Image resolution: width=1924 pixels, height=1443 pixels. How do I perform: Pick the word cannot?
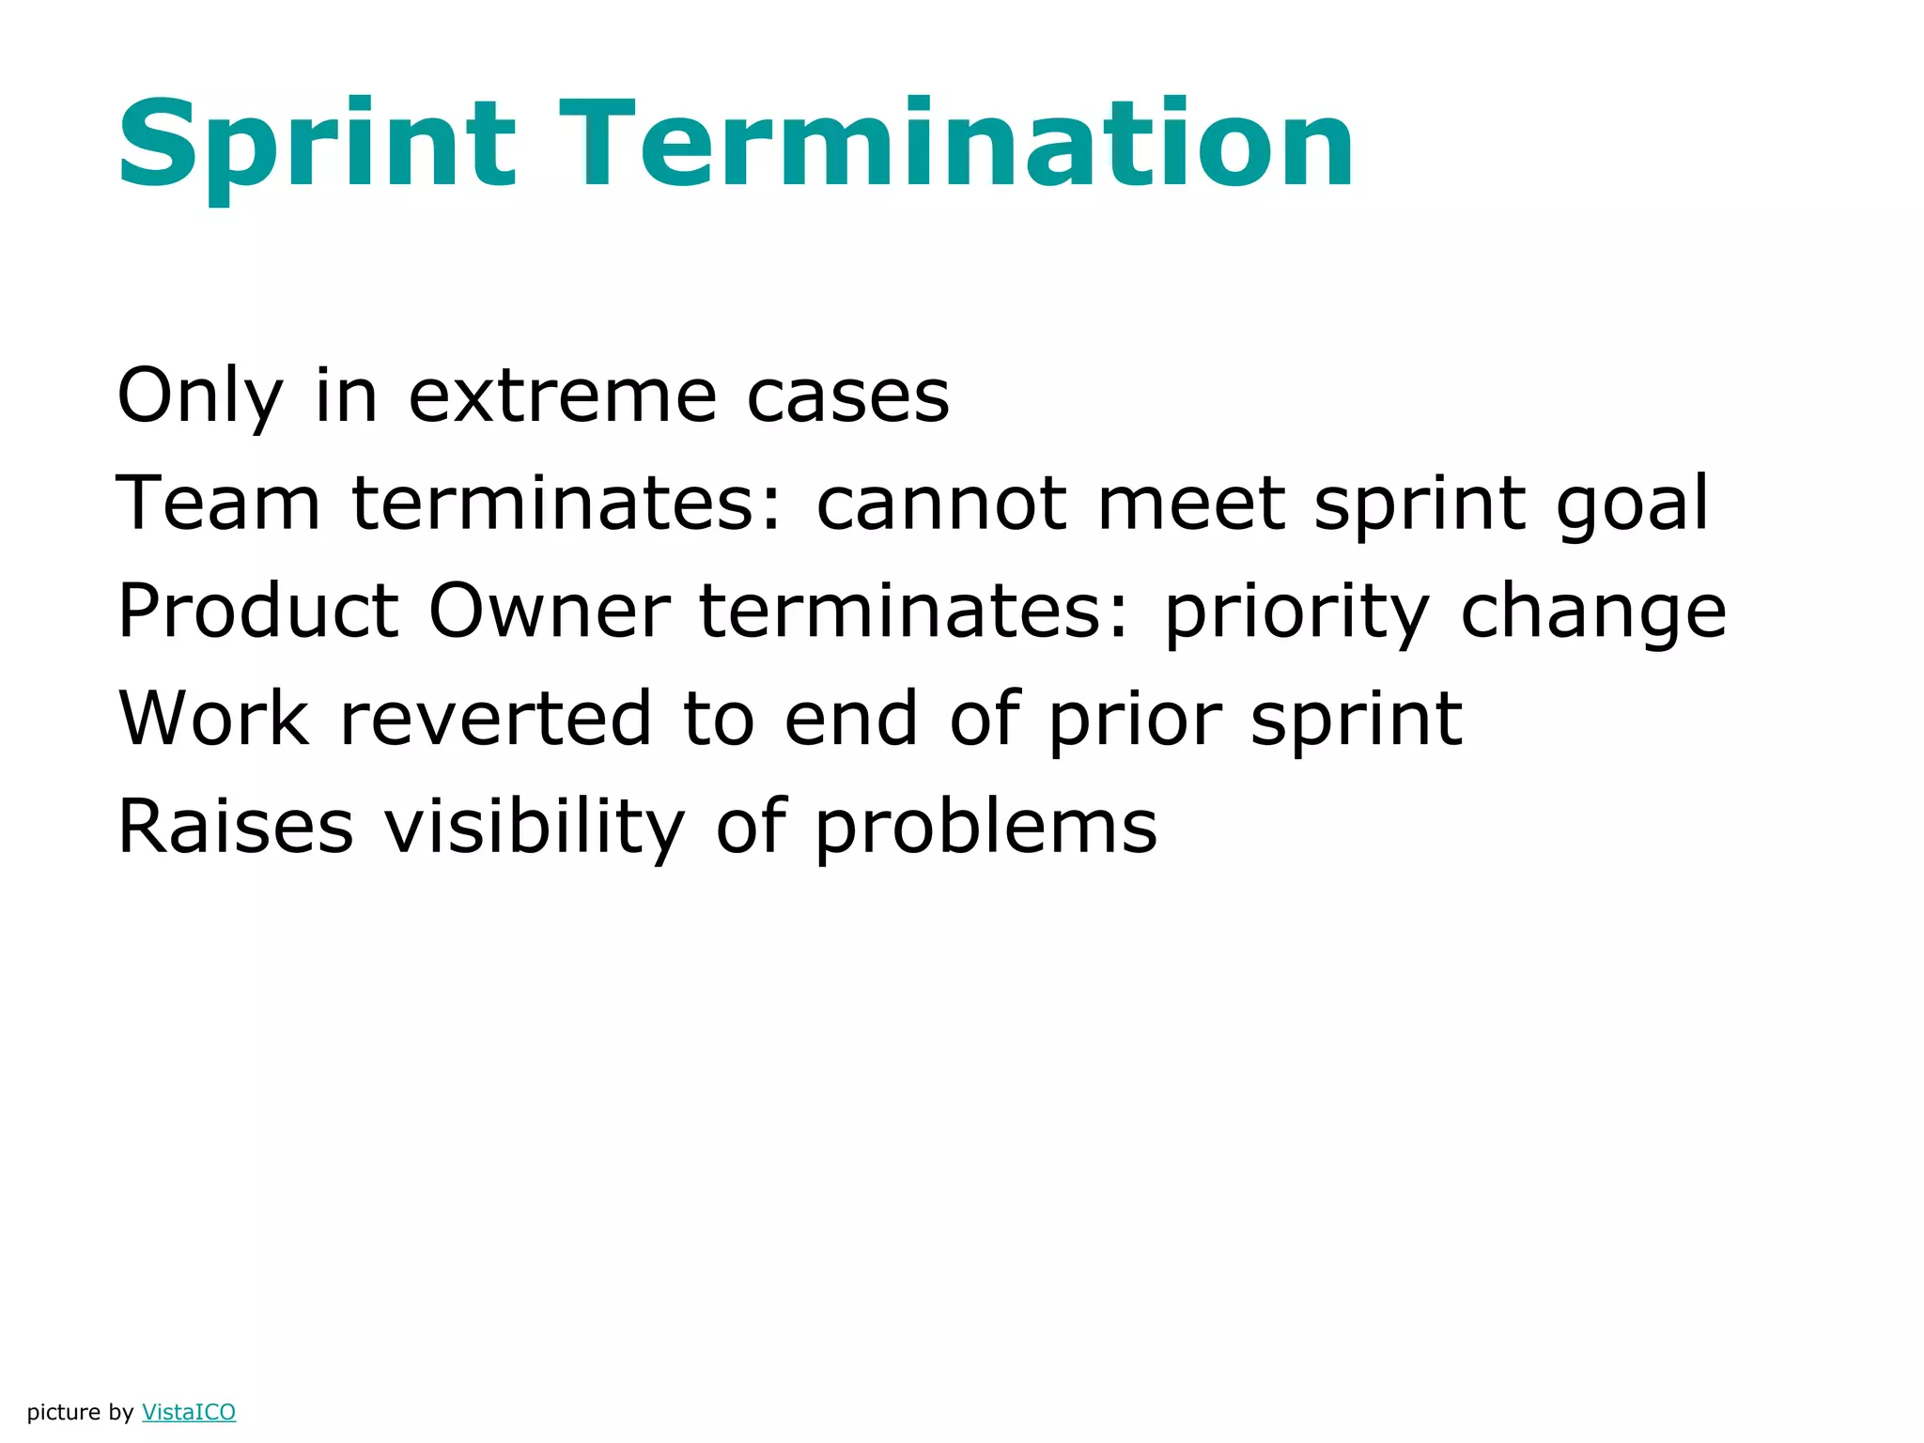(x=940, y=504)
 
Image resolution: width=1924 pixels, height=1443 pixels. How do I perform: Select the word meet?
(x=1190, y=504)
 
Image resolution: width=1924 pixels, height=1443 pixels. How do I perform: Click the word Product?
(x=258, y=612)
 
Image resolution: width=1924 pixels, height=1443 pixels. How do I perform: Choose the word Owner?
(x=550, y=612)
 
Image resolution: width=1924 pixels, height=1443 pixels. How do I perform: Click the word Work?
(x=213, y=720)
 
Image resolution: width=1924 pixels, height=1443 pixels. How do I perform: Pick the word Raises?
(x=236, y=827)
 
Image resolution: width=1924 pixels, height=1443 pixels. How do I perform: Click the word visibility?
(x=535, y=827)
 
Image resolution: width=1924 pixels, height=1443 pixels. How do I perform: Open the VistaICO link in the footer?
(x=189, y=1412)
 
